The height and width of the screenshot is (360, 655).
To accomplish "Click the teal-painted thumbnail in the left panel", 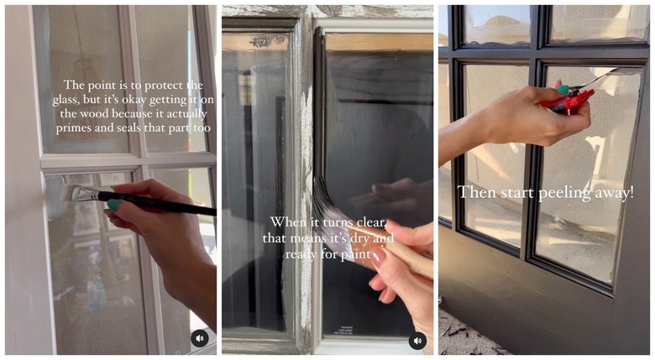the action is (113, 205).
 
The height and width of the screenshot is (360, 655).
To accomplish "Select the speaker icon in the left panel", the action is (200, 338).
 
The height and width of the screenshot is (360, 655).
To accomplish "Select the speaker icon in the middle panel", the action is (417, 341).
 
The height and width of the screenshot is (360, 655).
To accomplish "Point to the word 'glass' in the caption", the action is (65, 100).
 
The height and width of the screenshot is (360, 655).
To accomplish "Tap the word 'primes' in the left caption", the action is (74, 128).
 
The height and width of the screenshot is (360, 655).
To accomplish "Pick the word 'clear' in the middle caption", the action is (371, 222).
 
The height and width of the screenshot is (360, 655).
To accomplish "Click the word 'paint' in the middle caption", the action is (355, 254).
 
